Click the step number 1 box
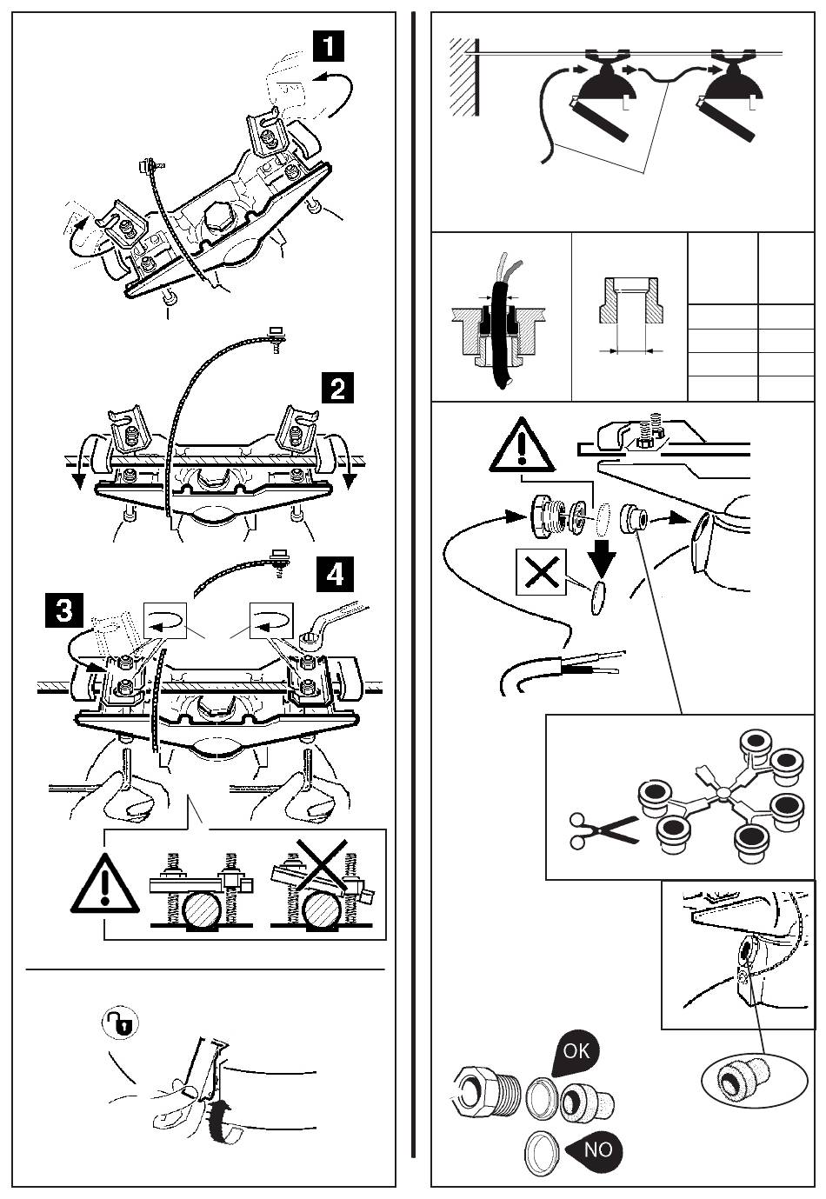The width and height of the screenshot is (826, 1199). [329, 44]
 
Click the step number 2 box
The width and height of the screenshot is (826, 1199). [336, 387]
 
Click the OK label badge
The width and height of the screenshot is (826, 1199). [576, 1052]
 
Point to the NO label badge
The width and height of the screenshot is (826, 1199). [596, 1149]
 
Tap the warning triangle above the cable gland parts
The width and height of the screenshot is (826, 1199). [522, 445]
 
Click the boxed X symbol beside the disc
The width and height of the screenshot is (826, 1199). [541, 571]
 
